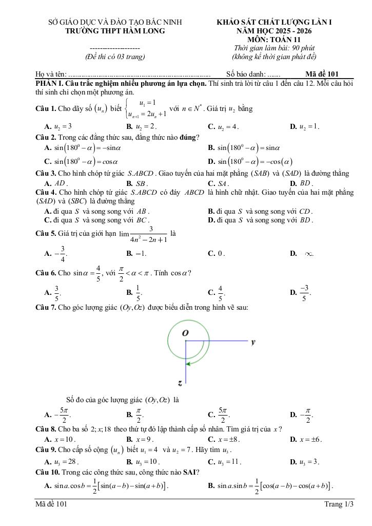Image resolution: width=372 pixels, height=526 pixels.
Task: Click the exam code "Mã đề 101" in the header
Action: point(322,74)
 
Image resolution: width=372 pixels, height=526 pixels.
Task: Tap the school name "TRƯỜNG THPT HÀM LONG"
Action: point(115,31)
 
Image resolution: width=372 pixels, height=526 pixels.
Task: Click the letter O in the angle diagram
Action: point(185,333)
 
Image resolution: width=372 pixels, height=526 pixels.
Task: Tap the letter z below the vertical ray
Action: point(180,383)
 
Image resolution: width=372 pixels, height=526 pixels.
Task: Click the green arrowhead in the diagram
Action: point(189,364)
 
